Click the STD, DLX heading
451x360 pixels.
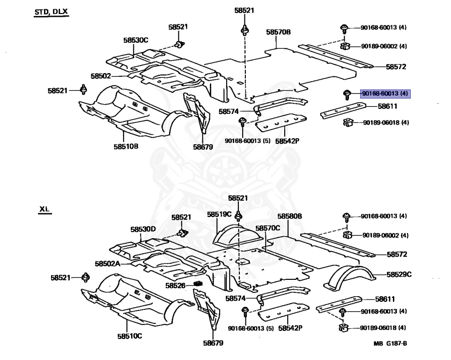point(51,12)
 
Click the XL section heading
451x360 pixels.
point(45,210)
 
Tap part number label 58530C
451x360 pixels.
point(136,40)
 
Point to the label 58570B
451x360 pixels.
point(279,32)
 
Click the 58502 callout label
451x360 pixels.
point(101,75)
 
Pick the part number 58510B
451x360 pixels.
point(126,146)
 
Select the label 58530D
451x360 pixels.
point(143,229)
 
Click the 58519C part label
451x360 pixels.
point(219,214)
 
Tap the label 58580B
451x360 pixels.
point(289,216)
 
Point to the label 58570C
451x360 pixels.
point(267,228)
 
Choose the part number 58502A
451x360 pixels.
point(107,263)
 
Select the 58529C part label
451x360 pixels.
point(399,275)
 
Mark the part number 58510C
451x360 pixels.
point(130,336)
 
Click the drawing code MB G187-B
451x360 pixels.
point(390,344)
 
